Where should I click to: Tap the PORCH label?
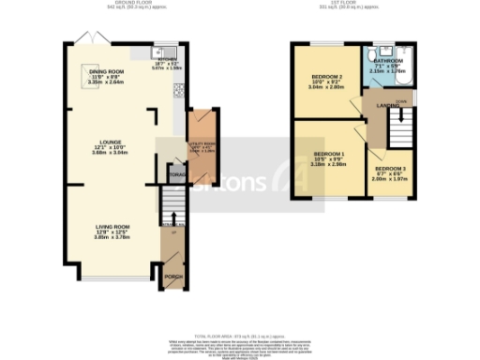tap(172, 277)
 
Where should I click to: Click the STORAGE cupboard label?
tap(177, 174)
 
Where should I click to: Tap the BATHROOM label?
tap(387, 61)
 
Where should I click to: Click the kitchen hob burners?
tap(176, 91)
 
